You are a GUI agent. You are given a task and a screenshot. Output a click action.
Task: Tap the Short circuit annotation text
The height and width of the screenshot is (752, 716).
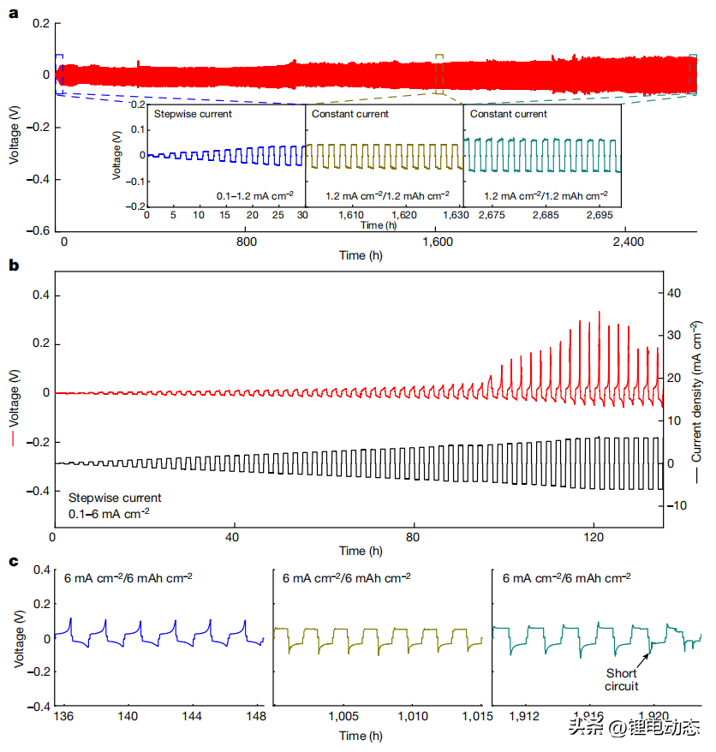[x=622, y=679]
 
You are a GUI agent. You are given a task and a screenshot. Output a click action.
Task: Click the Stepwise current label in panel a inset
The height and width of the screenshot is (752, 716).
[x=192, y=114]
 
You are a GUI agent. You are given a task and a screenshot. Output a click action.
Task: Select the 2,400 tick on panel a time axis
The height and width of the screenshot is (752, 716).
[x=628, y=242]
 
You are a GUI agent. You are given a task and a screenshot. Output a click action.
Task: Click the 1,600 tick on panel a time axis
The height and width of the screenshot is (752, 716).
[x=438, y=242]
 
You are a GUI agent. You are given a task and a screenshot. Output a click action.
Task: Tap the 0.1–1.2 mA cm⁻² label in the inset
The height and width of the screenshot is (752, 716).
[x=255, y=196]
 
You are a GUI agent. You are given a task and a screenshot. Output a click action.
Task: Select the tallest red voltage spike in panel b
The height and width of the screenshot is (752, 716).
[x=600, y=313]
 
